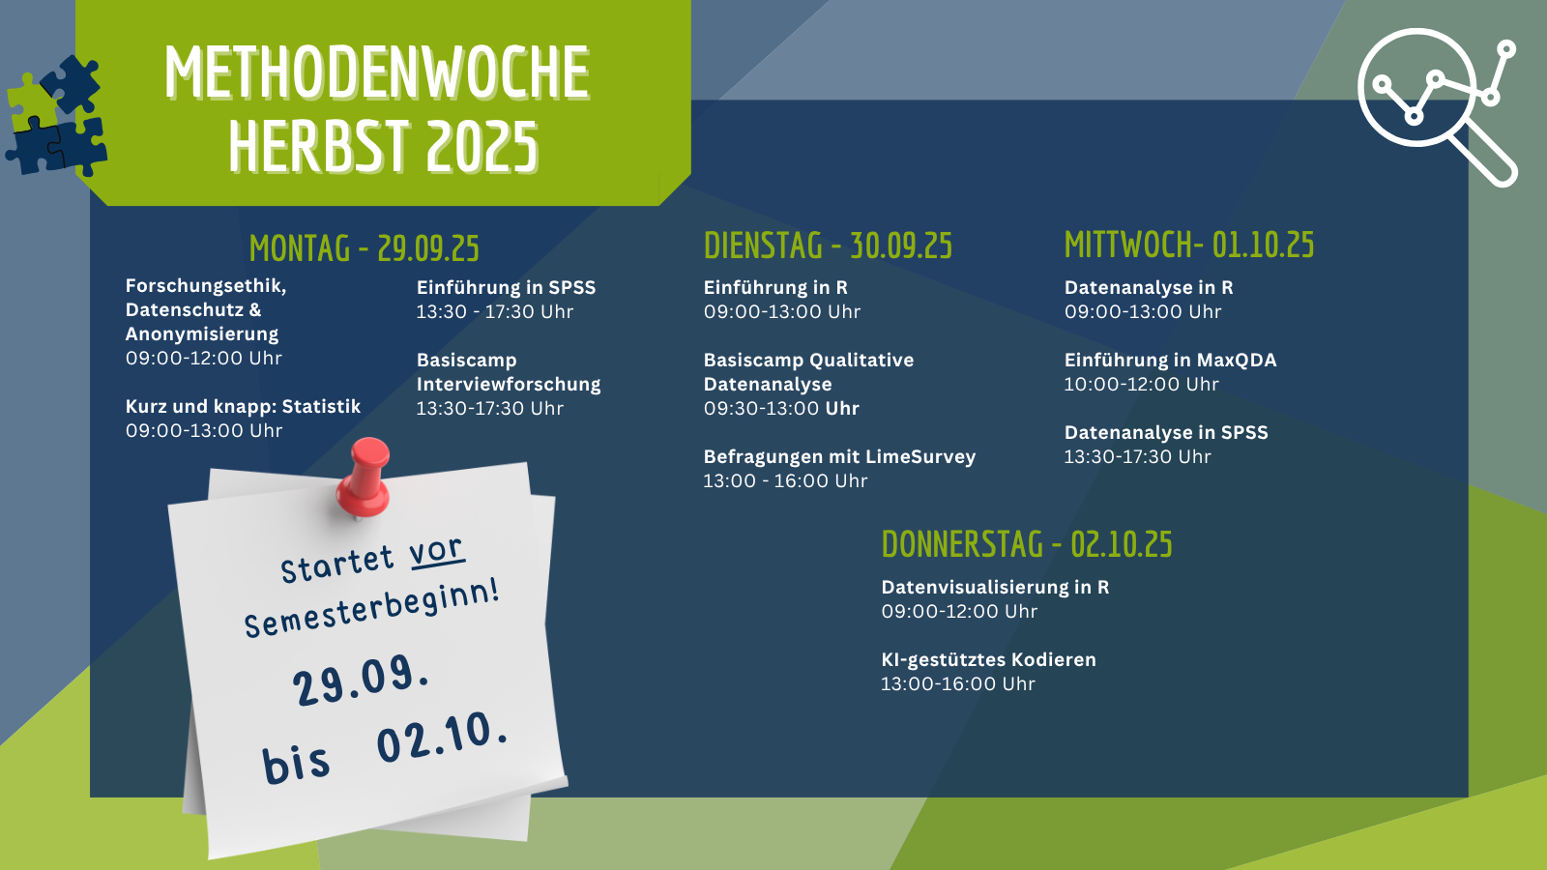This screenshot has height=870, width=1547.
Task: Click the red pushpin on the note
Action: [364, 477]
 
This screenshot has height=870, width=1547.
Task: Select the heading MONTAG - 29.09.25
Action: [364, 248]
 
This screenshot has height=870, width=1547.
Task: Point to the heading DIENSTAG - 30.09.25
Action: [828, 246]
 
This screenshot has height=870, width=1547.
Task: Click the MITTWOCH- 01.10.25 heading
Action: [1189, 246]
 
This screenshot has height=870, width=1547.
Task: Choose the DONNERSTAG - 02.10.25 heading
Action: [1027, 544]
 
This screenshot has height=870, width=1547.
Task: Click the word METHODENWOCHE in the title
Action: [377, 72]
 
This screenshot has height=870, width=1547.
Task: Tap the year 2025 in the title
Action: [482, 146]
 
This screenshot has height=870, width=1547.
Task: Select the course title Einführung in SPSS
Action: [506, 287]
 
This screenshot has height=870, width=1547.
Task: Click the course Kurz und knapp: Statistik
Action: [243, 406]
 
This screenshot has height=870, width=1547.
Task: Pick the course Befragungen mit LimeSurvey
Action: [839, 456]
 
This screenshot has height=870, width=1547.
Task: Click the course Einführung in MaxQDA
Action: [1170, 360]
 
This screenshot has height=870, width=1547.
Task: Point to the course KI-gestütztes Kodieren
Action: [988, 659]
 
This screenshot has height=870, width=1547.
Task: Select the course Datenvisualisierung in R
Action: [995, 587]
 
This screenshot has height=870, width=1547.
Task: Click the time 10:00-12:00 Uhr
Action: [1141, 384]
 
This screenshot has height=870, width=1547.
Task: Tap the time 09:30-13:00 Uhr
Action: [781, 408]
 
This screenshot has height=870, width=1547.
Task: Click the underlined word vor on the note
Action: [436, 552]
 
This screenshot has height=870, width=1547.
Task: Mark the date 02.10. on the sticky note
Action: [442, 738]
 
